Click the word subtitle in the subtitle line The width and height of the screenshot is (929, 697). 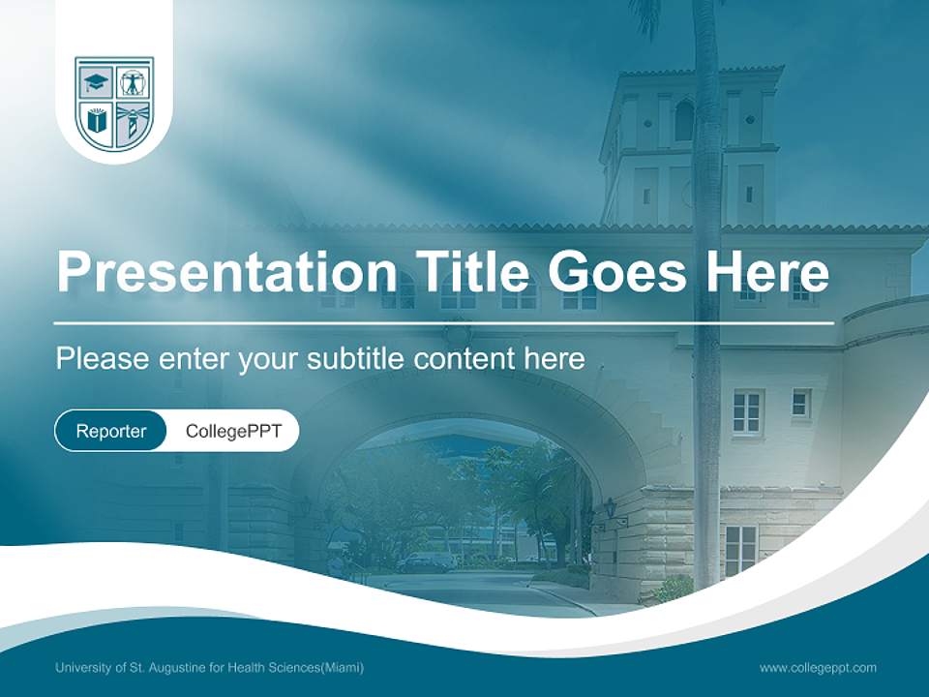point(355,358)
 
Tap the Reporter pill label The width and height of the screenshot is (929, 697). point(111,431)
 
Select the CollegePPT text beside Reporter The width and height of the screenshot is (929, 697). point(233,431)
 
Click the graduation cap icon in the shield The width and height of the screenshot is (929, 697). point(97,82)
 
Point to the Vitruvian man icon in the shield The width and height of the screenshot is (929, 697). point(134,81)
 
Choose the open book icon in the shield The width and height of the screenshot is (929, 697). point(96,123)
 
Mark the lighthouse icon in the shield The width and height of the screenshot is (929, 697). point(132,123)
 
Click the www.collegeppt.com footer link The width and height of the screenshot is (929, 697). point(818,668)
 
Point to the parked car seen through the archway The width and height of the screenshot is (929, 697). point(426,562)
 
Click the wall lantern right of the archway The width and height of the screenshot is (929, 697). point(609,507)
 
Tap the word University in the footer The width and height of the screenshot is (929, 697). point(81,668)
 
